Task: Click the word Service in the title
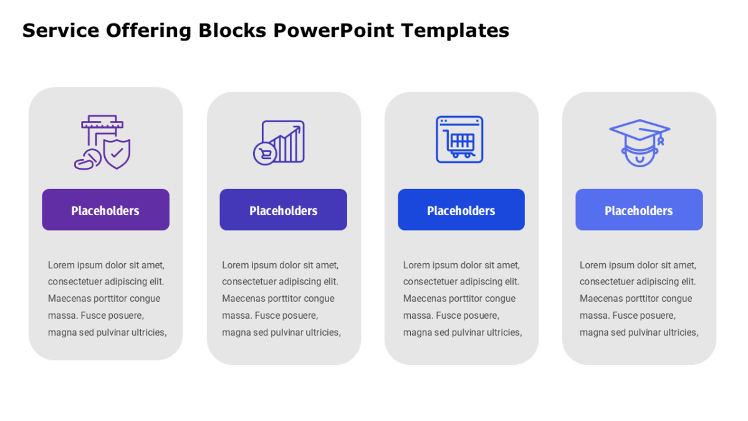click(61, 31)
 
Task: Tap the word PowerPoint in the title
click(333, 31)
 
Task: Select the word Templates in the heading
click(455, 31)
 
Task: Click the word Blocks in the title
click(233, 31)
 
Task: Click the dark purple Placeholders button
click(105, 210)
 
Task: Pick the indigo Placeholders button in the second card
click(283, 210)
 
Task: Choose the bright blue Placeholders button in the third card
click(461, 210)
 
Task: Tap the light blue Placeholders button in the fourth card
click(639, 210)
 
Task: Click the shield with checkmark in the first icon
click(117, 154)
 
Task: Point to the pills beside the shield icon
click(88, 160)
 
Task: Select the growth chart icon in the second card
click(279, 143)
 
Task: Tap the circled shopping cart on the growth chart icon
click(265, 153)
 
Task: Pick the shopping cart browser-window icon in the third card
click(459, 139)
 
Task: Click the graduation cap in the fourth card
click(640, 130)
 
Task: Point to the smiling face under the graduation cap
click(640, 155)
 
